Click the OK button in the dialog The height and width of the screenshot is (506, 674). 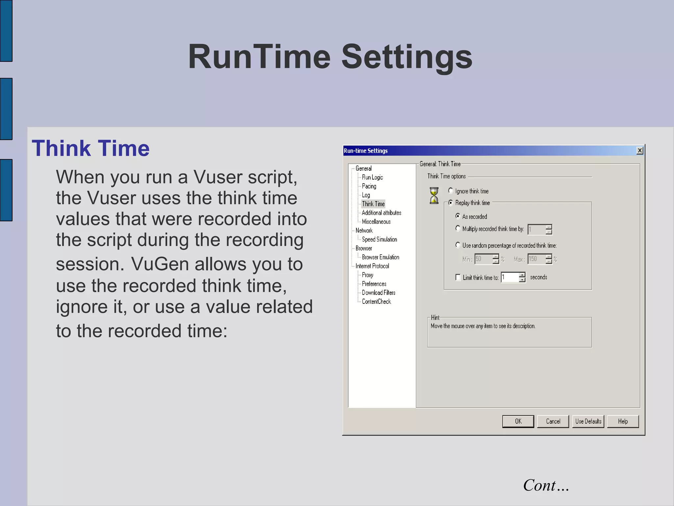pos(518,421)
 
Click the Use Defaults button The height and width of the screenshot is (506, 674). pos(588,421)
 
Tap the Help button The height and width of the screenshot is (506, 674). pos(623,421)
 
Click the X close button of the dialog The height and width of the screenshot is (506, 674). pos(640,151)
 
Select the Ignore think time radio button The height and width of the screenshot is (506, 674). pos(451,191)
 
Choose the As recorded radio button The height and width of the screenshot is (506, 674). pos(457,216)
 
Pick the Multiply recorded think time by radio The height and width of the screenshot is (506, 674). pos(457,228)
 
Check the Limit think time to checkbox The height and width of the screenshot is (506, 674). pos(458,277)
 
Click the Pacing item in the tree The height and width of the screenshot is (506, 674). pos(369,186)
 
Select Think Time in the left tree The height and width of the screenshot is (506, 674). pos(373,204)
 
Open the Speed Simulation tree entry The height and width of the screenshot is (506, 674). pos(379,239)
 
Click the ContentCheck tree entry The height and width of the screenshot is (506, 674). pos(376,301)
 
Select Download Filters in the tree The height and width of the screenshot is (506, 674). pos(378,293)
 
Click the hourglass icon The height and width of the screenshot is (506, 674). pos(434,196)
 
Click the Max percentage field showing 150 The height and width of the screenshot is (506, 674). pos(536,259)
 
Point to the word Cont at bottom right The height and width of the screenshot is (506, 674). pos(540,485)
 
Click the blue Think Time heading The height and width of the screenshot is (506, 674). pos(91,148)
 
